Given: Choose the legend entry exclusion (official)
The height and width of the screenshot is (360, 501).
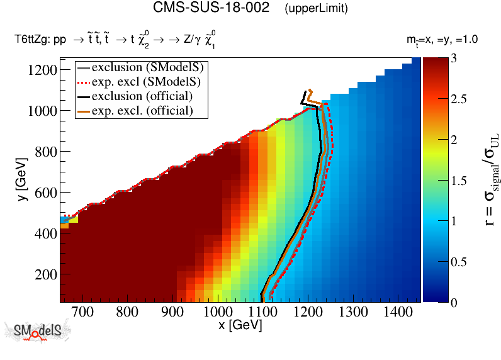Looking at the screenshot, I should (142, 96).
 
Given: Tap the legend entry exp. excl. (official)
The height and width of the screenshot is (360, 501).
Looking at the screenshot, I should (142, 111).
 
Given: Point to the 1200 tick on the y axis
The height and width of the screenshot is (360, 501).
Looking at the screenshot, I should (41, 70).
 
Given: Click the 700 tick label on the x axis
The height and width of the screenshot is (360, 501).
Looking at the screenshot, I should (82, 312).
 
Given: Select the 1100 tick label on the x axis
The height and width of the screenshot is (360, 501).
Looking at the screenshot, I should (262, 312).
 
